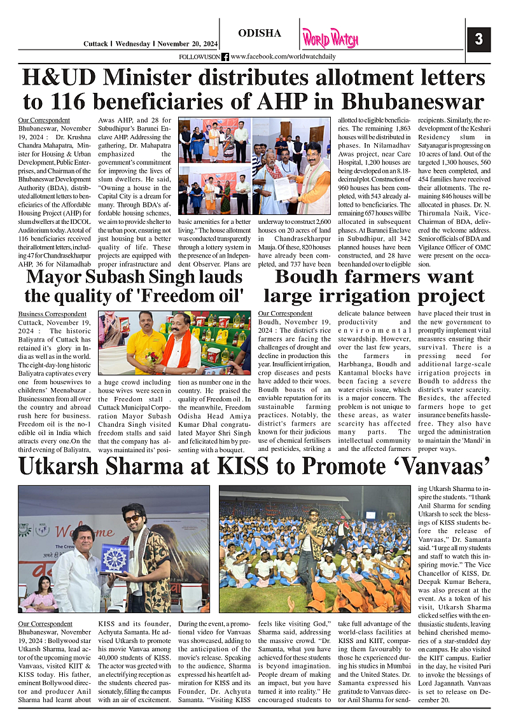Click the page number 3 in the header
pos(478,39)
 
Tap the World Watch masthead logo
pos(330,38)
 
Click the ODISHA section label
pos(259,33)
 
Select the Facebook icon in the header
pos(225,57)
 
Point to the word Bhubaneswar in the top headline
pos(413,102)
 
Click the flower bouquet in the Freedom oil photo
pos(153,357)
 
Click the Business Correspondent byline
pos(52,314)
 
